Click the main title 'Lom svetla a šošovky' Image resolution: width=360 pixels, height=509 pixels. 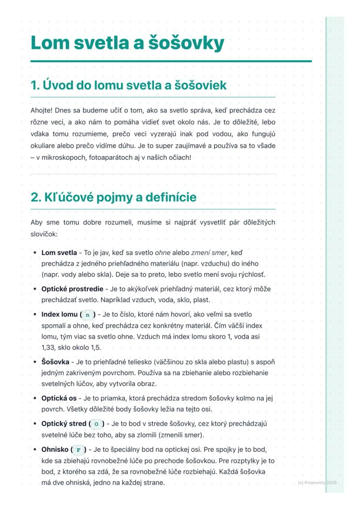[127, 43]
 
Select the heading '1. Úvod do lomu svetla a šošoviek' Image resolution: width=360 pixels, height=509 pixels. [129, 85]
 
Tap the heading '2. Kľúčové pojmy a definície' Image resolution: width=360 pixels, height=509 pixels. [113, 197]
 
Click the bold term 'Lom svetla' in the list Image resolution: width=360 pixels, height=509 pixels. [59, 252]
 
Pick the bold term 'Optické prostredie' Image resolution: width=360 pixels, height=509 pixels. [72, 289]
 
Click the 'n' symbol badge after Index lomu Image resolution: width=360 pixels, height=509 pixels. [88, 314]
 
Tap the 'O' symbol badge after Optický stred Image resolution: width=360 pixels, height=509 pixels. [96, 424]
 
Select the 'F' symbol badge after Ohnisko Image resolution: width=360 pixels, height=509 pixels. [79, 449]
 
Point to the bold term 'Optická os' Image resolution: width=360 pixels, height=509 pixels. [59, 398]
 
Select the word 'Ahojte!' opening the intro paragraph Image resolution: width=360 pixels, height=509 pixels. [41, 111]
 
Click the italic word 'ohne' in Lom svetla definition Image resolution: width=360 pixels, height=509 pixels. [163, 252]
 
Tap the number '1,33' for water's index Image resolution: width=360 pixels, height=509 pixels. [48, 348]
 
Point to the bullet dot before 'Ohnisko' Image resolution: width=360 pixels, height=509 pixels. [35, 449]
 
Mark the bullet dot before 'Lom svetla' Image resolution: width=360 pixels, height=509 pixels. [35, 252]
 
